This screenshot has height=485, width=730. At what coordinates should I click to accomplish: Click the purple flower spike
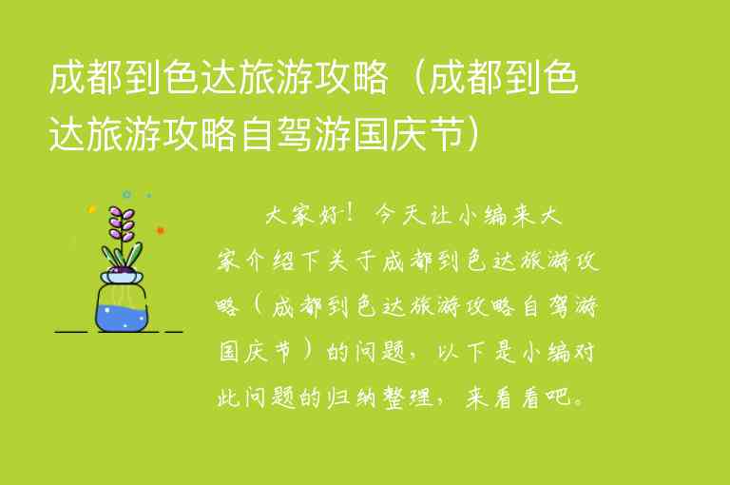[x=121, y=224]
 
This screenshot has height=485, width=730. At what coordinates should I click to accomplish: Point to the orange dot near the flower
[x=161, y=230]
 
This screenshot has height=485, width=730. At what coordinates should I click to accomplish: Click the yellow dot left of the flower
[x=91, y=209]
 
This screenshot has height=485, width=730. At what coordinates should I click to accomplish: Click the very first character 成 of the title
[x=67, y=83]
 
